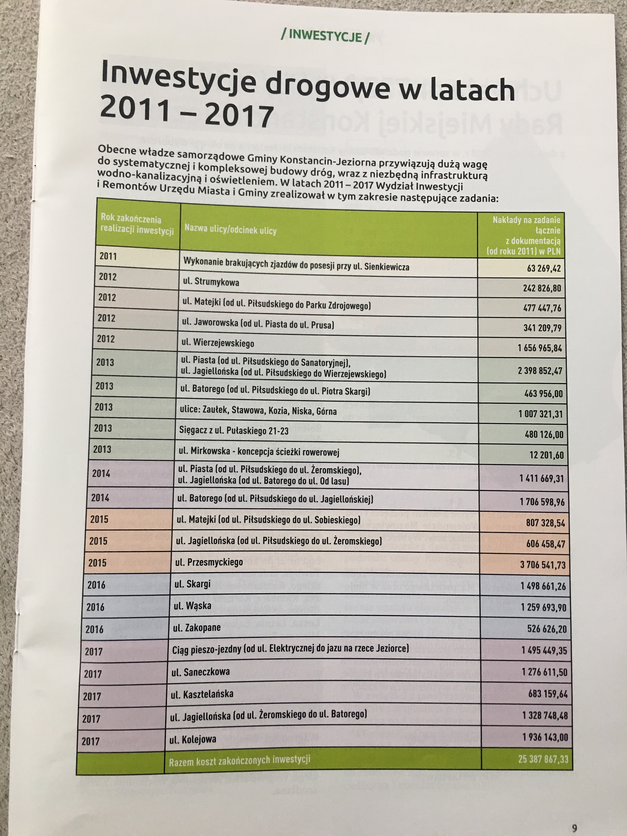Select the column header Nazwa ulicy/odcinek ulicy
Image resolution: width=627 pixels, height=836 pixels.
pos(231,229)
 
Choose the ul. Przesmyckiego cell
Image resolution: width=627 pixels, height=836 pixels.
pos(209,562)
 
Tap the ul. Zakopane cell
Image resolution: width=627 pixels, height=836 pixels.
pos(197,628)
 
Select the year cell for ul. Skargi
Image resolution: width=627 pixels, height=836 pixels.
pos(96,585)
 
